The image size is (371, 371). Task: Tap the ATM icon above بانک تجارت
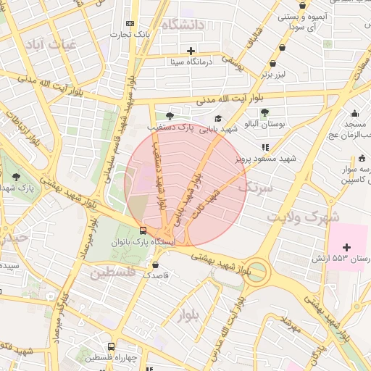coord(130,24)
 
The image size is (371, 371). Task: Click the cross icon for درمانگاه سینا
coord(191,51)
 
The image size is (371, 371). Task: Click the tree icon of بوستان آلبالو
coord(264,112)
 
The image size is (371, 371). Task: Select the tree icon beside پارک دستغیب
coord(170,115)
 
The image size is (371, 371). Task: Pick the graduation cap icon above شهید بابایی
coord(218,119)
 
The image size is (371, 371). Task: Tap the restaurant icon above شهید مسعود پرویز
coord(265,146)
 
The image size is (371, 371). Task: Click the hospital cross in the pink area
coord(346,248)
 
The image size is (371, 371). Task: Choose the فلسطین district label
coord(112,273)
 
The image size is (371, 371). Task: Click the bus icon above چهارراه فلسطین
coord(110,346)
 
